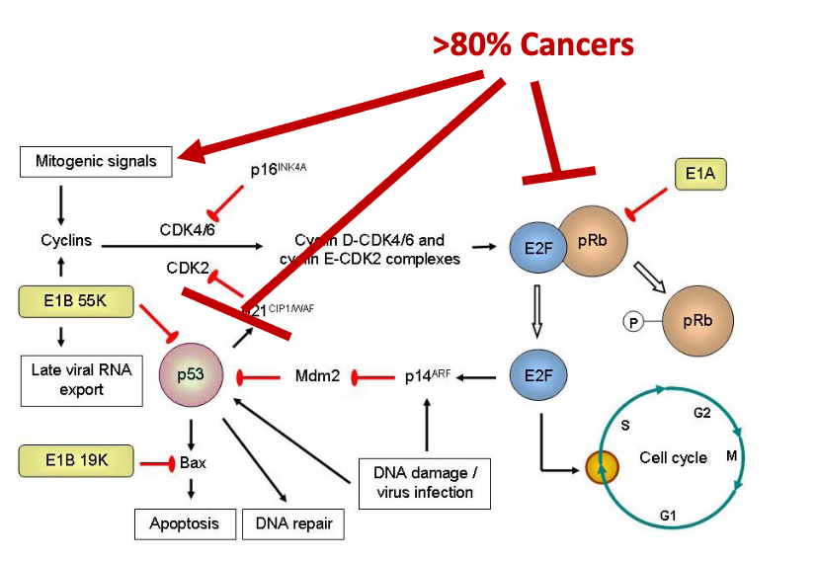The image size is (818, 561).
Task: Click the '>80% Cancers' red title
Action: pyautogui.click(x=532, y=44)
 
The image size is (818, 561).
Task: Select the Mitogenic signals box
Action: pyautogui.click(x=96, y=161)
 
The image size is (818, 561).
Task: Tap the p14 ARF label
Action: pyautogui.click(x=428, y=377)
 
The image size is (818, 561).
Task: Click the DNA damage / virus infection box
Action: pyautogui.click(x=425, y=483)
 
